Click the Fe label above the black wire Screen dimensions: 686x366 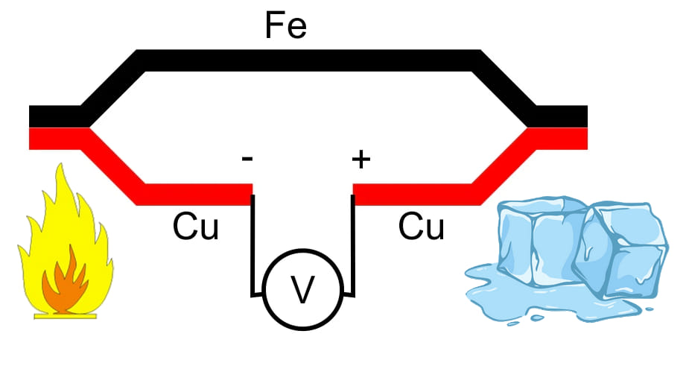click(x=286, y=25)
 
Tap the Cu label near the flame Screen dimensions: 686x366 click(x=196, y=227)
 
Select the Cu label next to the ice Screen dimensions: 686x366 click(x=422, y=227)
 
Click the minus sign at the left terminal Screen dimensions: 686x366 click(x=247, y=159)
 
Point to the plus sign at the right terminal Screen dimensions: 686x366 click(x=361, y=159)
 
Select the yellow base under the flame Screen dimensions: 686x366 click(x=66, y=315)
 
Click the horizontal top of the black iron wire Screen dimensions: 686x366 click(x=309, y=60)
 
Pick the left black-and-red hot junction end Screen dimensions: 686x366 click(x=54, y=127)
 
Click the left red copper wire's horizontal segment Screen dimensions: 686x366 click(x=194, y=195)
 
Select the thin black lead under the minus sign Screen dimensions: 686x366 click(x=253, y=245)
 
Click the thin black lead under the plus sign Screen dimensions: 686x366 click(x=352, y=245)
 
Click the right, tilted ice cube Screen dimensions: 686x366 click(x=621, y=252)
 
